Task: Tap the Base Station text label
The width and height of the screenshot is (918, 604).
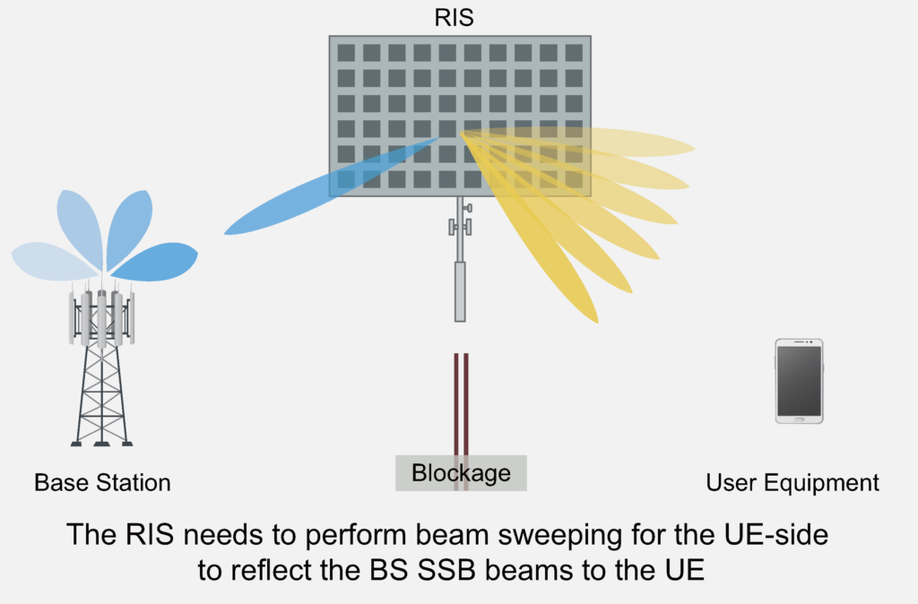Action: [102, 483]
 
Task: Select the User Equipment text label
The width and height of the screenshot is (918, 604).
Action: [792, 483]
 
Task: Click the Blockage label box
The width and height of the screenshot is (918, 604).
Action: [461, 472]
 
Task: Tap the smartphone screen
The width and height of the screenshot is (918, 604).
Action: [799, 380]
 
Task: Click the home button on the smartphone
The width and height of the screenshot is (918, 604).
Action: [799, 418]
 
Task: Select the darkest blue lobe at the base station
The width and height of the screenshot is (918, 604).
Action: [157, 261]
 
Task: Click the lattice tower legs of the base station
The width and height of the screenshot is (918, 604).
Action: [101, 394]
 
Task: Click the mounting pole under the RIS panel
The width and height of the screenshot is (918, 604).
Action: [460, 269]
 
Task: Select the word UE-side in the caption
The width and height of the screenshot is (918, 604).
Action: [781, 536]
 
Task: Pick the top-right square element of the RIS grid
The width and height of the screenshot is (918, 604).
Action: [574, 52]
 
